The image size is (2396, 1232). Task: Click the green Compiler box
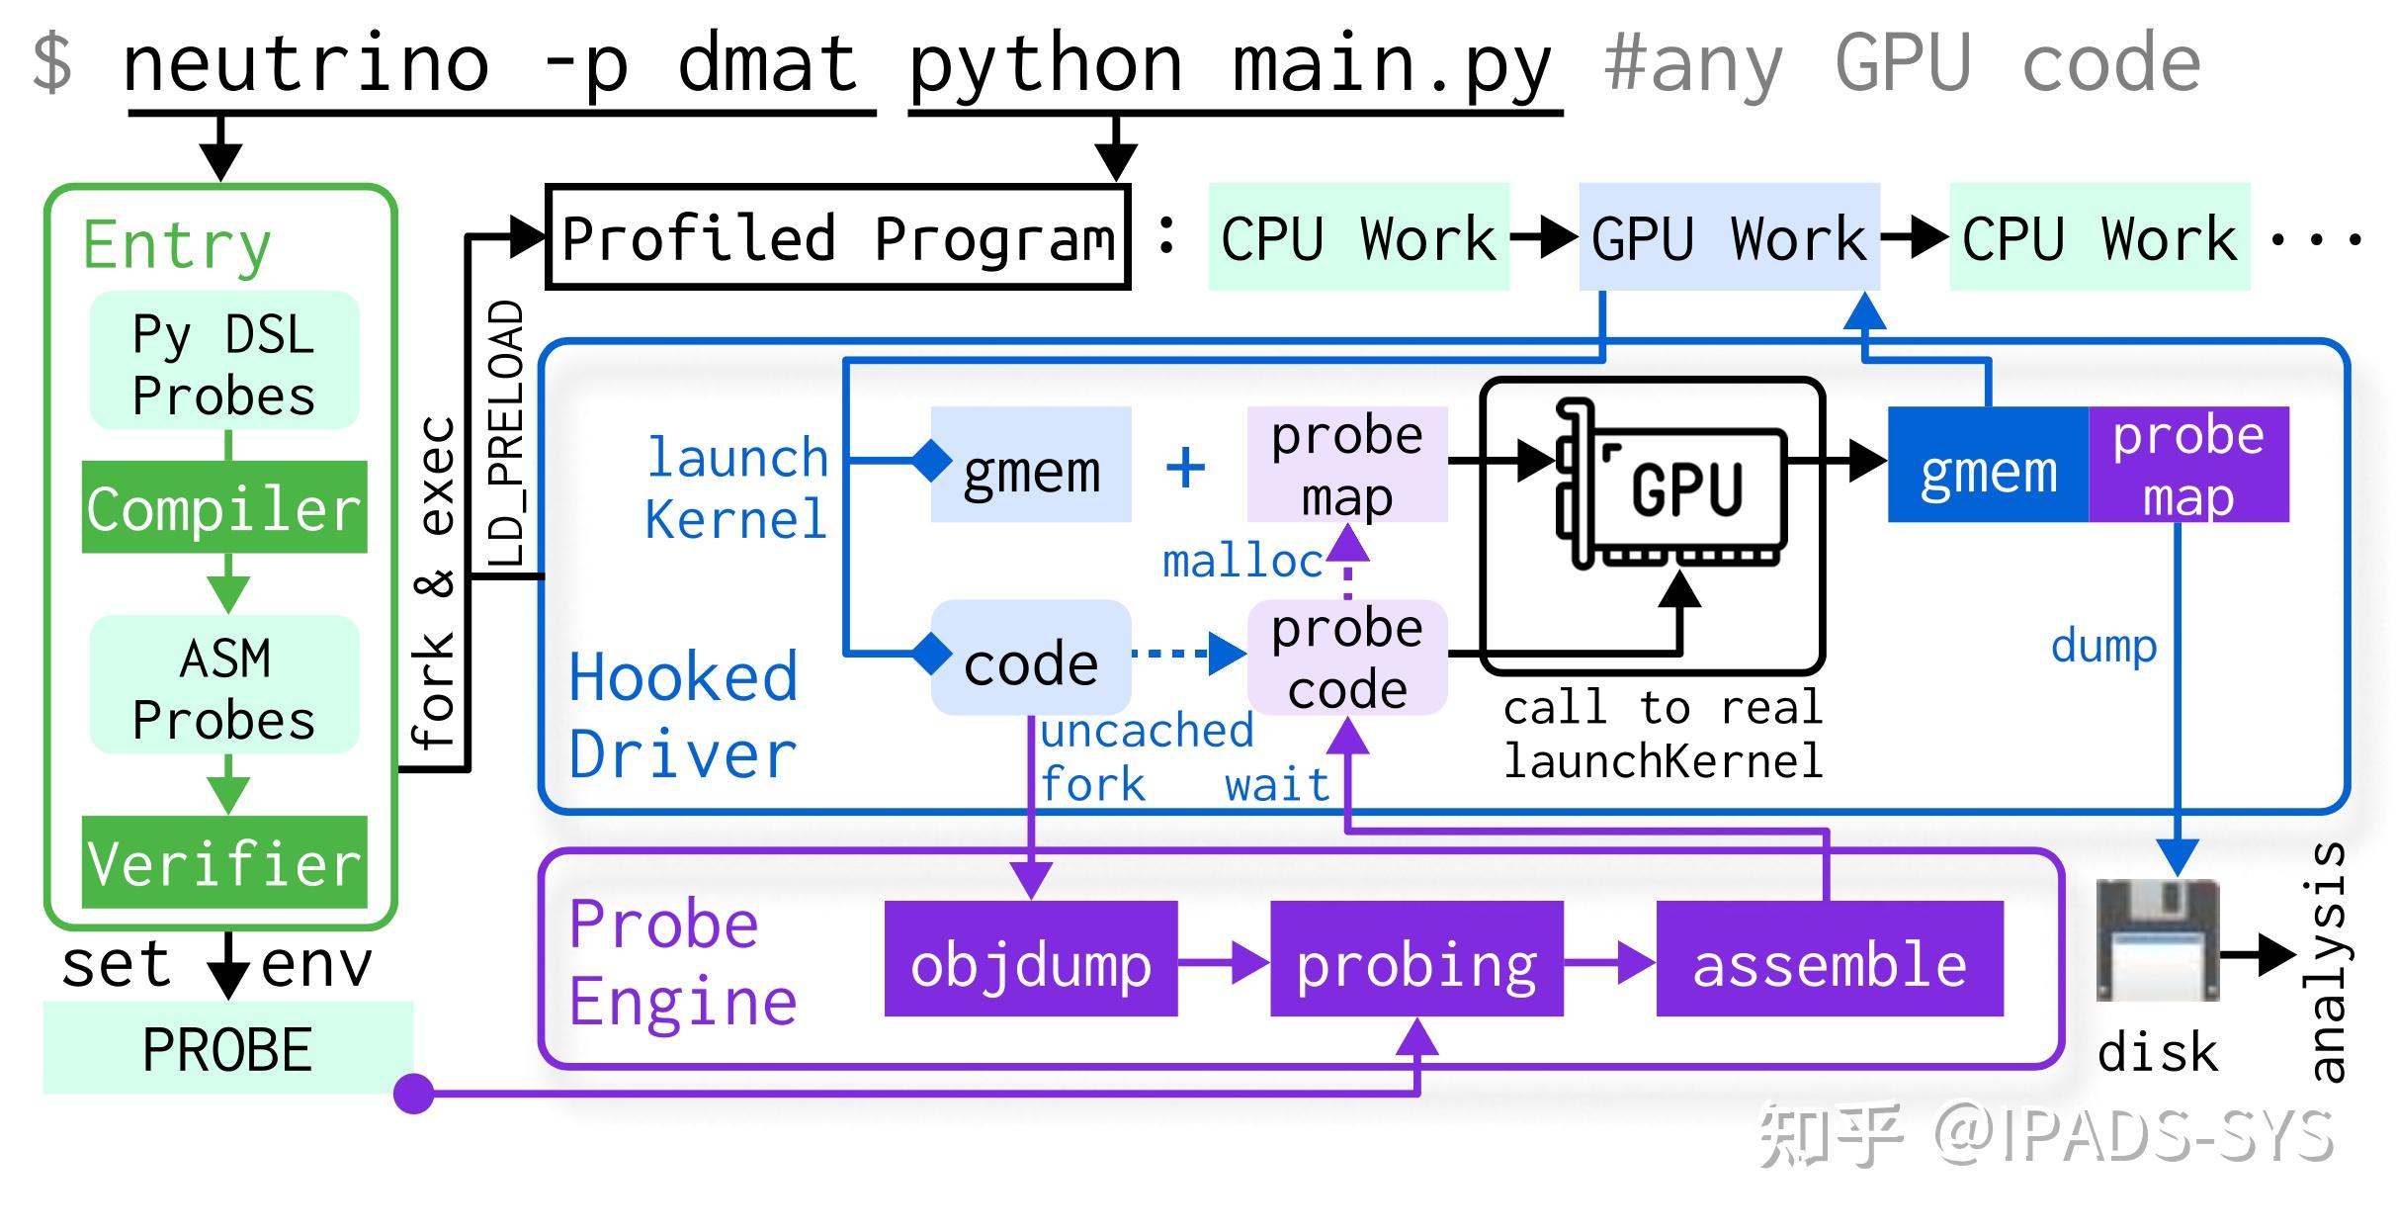[224, 507]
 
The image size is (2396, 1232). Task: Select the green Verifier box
[224, 862]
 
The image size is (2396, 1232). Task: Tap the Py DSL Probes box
[224, 362]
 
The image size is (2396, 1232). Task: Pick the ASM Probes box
[224, 686]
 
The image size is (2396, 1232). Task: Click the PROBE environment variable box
[227, 1048]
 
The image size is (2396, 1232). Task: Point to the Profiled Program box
[837, 237]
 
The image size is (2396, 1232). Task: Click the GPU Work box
[1729, 237]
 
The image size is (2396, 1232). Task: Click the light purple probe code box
[1347, 658]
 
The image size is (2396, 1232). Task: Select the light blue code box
[1031, 660]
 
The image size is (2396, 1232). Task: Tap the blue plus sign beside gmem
[1185, 467]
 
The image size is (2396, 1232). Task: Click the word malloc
[1242, 562]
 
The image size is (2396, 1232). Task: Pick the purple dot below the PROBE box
[414, 1094]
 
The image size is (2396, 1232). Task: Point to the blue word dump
[2103, 647]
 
